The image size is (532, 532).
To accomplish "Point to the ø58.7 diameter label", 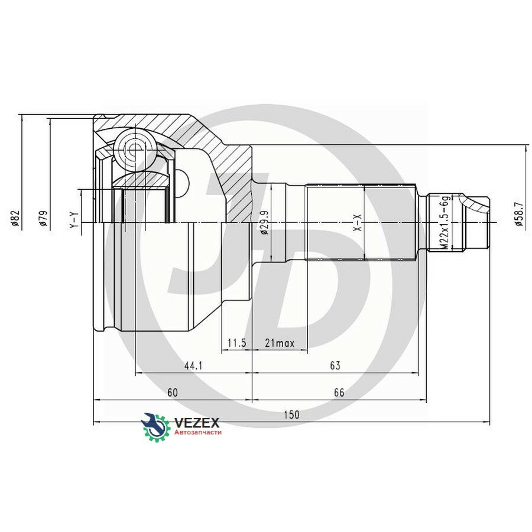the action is click(519, 214).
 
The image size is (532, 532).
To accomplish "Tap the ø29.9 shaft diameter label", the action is click(264, 223).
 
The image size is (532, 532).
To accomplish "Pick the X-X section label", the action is click(357, 223).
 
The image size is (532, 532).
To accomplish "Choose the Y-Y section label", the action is click(74, 220).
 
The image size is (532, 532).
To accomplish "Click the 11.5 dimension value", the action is click(236, 343).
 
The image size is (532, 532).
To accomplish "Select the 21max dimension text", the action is click(280, 343).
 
